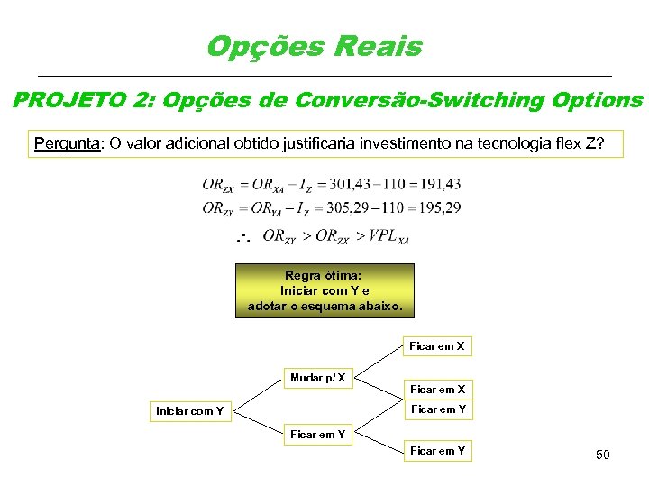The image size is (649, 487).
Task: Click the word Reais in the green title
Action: tap(379, 46)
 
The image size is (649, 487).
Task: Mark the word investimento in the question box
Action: tap(416, 143)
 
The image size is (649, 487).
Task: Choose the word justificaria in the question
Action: tap(316, 143)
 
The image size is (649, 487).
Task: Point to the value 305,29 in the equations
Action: tap(354, 207)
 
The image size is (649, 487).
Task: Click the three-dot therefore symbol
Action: tap(242, 237)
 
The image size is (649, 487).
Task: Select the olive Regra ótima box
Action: tap(324, 290)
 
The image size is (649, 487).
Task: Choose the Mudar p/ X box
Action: tap(317, 377)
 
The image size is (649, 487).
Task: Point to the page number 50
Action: tap(602, 455)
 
